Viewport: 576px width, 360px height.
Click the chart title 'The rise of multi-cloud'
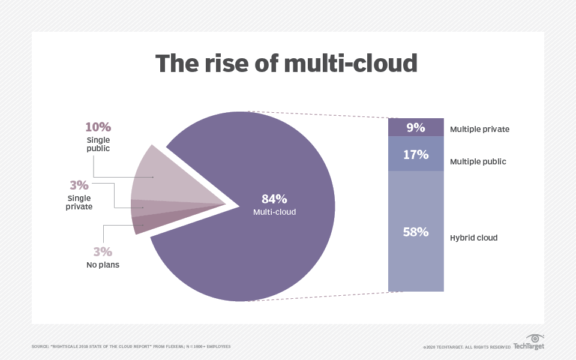[286, 63]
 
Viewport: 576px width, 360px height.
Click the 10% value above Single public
[98, 127]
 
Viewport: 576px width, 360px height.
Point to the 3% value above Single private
[79, 185]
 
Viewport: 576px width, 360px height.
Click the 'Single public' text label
[98, 144]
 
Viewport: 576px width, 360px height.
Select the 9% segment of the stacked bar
[416, 127]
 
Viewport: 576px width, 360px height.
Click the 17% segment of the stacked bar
[416, 154]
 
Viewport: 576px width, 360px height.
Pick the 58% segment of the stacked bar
[416, 231]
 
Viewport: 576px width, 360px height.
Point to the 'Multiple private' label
[479, 129]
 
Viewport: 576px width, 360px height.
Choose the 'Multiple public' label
[478, 161]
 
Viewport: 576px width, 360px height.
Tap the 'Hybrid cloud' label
[473, 238]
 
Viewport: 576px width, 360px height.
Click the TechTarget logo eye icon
[535, 338]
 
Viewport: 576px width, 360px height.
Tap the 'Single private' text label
[79, 202]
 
